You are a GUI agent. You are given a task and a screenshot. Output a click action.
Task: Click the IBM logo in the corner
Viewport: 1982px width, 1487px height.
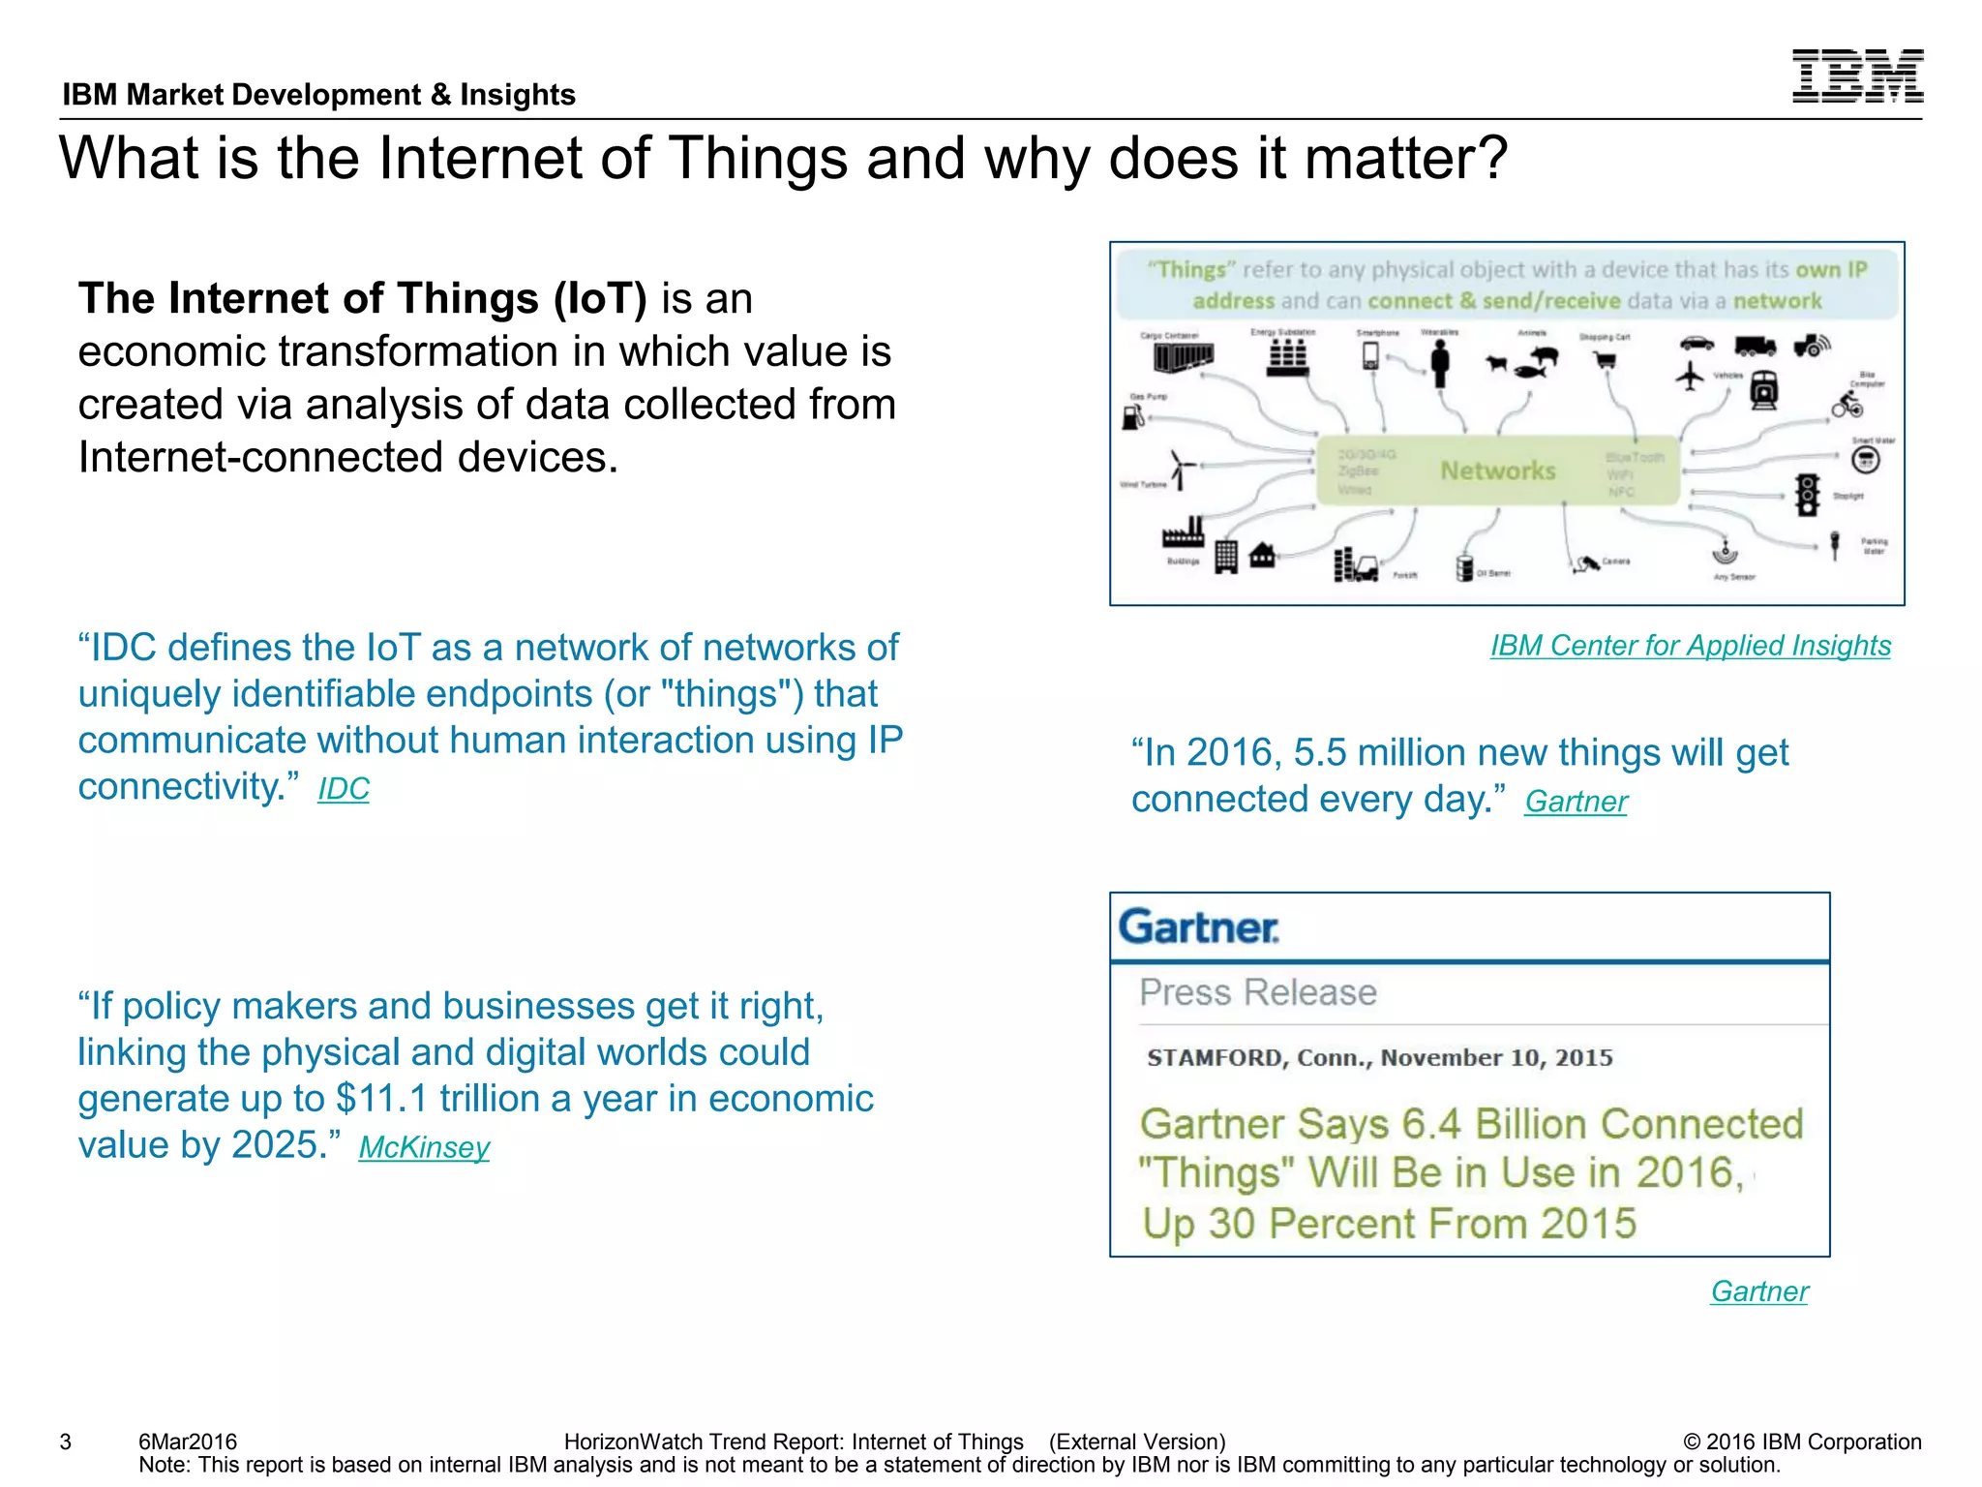point(1856,76)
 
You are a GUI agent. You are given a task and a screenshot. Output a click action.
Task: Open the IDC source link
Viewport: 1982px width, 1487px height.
point(344,789)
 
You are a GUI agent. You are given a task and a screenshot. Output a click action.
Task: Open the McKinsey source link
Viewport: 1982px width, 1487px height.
point(424,1147)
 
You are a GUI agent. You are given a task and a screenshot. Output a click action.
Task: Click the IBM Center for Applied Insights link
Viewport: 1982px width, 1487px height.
point(1690,646)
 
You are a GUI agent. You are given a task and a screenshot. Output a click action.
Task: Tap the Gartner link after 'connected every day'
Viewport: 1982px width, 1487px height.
point(1576,802)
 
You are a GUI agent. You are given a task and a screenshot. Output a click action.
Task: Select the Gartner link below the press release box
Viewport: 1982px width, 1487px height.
point(1758,1291)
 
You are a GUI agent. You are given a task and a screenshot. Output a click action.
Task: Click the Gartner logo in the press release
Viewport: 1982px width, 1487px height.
point(1198,927)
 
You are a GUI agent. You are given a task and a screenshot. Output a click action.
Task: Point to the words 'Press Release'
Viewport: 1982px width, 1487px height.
point(1257,992)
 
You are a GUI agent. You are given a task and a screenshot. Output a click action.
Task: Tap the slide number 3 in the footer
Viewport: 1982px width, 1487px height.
point(66,1441)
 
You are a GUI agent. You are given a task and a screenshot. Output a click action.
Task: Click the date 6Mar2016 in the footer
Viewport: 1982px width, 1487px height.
point(188,1441)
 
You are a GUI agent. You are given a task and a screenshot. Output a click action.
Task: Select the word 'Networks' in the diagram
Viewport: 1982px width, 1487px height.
point(1497,470)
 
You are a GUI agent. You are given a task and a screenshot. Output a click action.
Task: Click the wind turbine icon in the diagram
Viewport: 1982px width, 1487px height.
point(1180,470)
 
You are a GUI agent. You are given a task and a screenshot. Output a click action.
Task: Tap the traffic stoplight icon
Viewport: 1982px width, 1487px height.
point(1807,495)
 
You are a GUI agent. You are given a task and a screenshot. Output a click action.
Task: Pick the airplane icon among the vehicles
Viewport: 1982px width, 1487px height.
point(1690,376)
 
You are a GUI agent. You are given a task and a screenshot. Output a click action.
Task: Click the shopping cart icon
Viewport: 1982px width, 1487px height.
point(1606,361)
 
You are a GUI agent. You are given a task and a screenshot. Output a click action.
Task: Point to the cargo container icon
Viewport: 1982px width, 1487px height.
point(1182,357)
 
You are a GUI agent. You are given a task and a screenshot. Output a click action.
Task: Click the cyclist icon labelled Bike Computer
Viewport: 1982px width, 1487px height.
point(1846,406)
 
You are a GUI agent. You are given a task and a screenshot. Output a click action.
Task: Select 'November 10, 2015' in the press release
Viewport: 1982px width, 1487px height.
point(1496,1057)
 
